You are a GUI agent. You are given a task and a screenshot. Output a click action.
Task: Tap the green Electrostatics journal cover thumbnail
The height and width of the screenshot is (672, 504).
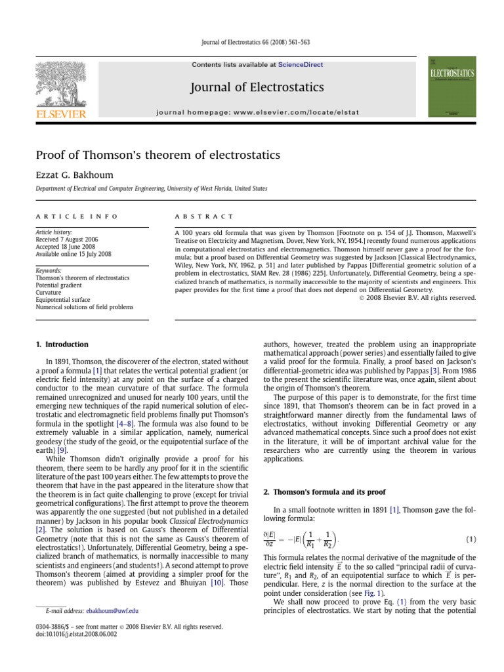click(451, 87)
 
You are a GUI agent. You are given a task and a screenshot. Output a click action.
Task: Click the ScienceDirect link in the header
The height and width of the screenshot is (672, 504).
click(301, 65)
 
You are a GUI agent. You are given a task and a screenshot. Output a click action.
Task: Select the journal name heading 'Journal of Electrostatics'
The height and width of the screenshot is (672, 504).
click(257, 87)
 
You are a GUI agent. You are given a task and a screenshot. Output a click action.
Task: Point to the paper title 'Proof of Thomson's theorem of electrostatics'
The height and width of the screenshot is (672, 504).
click(157, 156)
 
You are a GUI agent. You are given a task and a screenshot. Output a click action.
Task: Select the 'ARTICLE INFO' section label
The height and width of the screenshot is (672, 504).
click(77, 216)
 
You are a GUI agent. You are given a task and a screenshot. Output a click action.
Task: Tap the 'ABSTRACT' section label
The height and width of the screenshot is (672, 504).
click(204, 216)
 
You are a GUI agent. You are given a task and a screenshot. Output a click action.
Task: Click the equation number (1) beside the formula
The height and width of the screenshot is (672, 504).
click(471, 539)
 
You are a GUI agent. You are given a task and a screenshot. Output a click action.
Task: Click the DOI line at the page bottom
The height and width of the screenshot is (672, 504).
click(76, 635)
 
